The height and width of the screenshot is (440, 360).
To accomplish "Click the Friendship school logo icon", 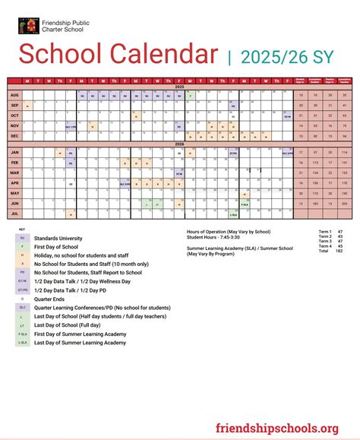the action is coord(25,27).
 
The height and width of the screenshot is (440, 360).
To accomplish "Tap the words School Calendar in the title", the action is coord(117,54).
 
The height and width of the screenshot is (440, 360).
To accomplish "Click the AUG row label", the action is coord(14,95).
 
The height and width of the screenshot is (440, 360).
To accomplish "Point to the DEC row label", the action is coord(14,135).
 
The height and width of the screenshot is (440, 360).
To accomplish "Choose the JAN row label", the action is coord(14,153).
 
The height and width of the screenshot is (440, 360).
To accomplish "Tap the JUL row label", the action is coord(14,214).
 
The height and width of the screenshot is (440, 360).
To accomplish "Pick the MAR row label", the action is coord(14,173).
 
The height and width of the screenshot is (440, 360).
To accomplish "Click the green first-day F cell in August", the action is coord(188,96).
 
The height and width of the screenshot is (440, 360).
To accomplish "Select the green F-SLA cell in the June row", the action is coord(245,204).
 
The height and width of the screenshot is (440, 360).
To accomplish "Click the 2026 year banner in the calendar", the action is coord(179,144).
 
